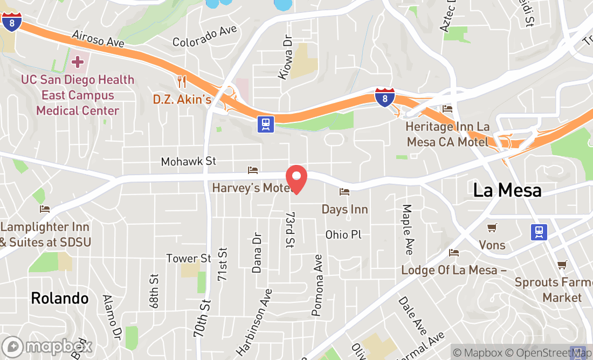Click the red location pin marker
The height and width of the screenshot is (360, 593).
pos(296,179)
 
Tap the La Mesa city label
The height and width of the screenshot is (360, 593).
pos(507,190)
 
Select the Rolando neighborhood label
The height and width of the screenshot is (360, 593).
pos(59,298)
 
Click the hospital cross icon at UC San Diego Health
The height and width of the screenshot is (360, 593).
pos(78,61)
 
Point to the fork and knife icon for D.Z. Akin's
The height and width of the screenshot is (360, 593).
pos(182,82)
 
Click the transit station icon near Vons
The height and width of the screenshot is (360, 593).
pos(539,232)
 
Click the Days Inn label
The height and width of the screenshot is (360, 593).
pos(344,209)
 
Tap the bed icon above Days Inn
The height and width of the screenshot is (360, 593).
pos(344,192)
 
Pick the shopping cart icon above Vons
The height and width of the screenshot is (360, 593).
pos(492,228)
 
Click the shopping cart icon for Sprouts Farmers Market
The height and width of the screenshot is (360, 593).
pos(562,265)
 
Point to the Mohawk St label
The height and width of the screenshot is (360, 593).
pos(188,161)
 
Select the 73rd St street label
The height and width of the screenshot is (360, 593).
pos(289,229)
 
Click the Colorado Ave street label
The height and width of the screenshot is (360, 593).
pos(204,37)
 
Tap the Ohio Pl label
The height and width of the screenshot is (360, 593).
pos(343,234)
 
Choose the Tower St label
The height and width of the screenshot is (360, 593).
pos(188,259)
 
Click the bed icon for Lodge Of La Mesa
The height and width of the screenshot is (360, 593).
pos(454,252)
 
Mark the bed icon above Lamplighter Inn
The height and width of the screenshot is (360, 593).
pos(45,209)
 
